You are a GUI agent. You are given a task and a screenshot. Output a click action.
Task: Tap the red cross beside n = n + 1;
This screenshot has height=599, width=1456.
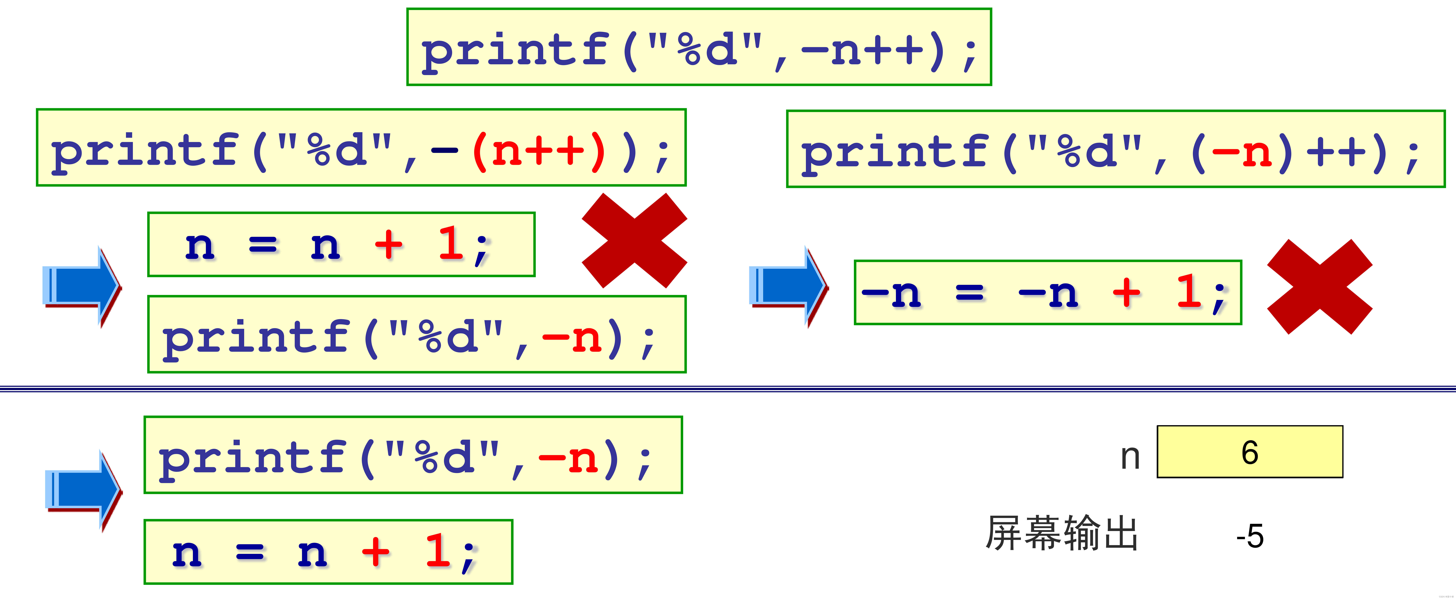coord(634,240)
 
